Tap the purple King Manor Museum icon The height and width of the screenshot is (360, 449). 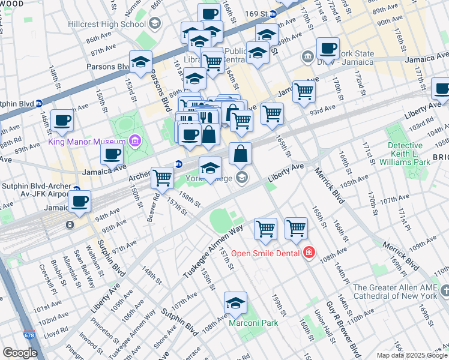coord(135,142)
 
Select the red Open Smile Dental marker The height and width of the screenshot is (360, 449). coord(309,253)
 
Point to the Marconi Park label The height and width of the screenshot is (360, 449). coord(253,323)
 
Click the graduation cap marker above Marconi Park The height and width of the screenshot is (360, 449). coord(236,304)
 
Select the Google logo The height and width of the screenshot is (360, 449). coord(20,353)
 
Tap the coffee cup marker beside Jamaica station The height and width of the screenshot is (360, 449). coord(79,202)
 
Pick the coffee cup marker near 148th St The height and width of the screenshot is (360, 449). coord(62,121)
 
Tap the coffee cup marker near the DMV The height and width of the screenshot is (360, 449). coord(328,49)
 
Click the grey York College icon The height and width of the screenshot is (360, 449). coord(241,176)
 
